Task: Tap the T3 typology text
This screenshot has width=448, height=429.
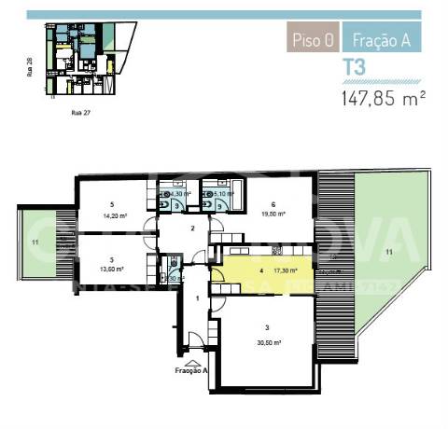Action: pyautogui.click(x=354, y=67)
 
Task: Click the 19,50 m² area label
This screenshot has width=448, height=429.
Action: pyautogui.click(x=273, y=213)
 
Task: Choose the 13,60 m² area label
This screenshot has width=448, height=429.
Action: pyautogui.click(x=112, y=269)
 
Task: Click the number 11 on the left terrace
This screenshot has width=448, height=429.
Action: pyautogui.click(x=35, y=242)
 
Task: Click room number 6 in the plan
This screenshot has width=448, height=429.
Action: pyautogui.click(x=273, y=204)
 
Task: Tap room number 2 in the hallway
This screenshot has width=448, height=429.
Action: pyautogui.click(x=191, y=228)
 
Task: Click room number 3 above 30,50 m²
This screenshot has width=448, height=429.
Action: pyautogui.click(x=267, y=328)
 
